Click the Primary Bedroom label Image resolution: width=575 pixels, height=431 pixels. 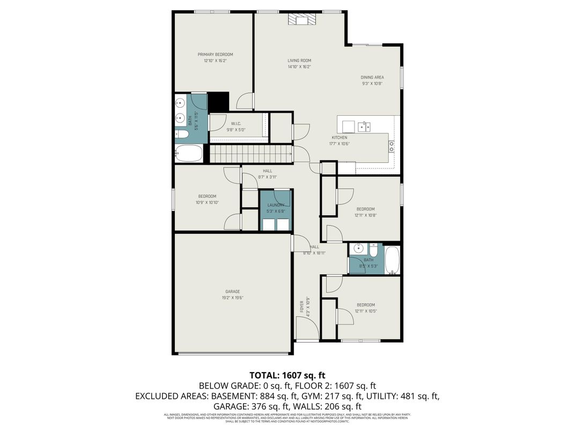click(x=215, y=54)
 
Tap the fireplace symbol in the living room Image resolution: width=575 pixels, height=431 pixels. click(x=302, y=20)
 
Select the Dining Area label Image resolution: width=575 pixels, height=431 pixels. click(x=372, y=77)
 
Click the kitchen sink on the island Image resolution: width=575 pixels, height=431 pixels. click(x=364, y=127)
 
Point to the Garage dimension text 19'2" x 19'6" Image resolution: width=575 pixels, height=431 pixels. click(x=232, y=298)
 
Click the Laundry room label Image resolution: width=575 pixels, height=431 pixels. click(x=276, y=205)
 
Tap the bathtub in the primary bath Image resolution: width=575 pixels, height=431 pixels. click(x=189, y=153)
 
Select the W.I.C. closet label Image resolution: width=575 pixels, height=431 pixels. click(x=235, y=123)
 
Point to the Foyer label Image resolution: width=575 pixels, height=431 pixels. click(x=301, y=307)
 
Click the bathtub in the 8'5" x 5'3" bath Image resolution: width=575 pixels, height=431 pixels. click(x=392, y=259)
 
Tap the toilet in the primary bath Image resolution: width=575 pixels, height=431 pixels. click(x=182, y=135)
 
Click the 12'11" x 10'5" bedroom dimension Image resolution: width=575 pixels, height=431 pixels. click(x=365, y=311)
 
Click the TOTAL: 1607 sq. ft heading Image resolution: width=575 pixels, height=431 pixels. click(x=287, y=375)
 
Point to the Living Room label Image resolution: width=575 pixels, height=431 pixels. click(x=299, y=61)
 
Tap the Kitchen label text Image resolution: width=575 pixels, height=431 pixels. click(x=339, y=138)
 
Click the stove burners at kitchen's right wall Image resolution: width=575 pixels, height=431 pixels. click(x=392, y=144)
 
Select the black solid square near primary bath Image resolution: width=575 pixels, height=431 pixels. click(x=218, y=101)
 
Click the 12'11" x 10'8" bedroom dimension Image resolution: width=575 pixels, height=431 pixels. click(x=365, y=215)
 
